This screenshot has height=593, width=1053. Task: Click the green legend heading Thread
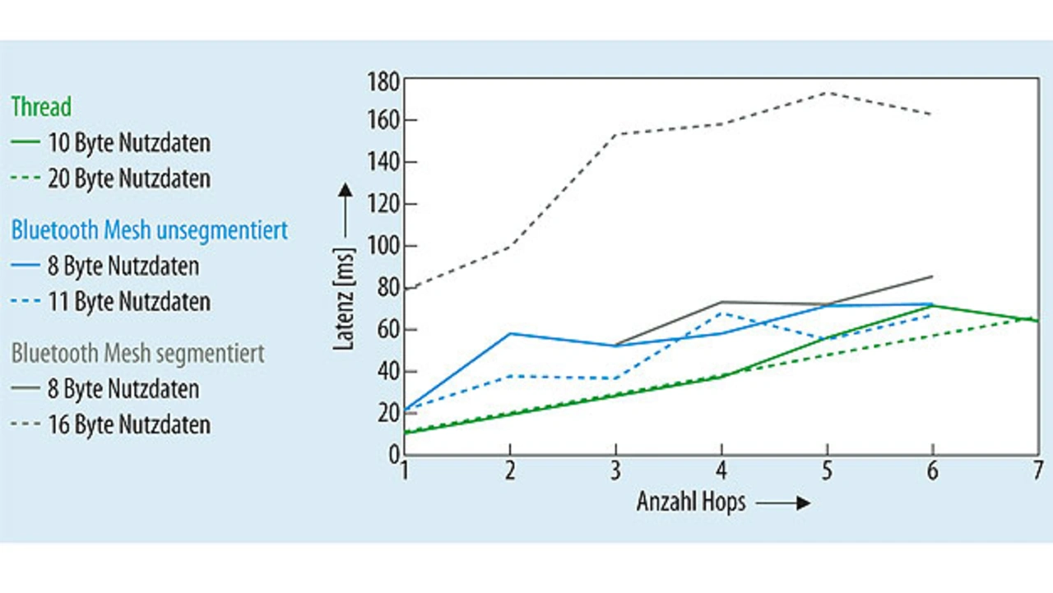tap(41, 107)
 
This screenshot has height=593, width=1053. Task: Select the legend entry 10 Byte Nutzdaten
tap(128, 143)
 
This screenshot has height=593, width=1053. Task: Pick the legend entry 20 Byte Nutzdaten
tap(128, 178)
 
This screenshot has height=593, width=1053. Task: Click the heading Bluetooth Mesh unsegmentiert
tap(150, 229)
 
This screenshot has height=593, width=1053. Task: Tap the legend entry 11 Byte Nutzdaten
tap(128, 302)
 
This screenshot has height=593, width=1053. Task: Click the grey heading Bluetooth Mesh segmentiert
tap(138, 354)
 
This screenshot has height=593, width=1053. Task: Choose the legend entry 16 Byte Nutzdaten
tap(128, 424)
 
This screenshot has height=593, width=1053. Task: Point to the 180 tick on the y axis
tap(383, 81)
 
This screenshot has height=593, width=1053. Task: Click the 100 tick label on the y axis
tap(383, 246)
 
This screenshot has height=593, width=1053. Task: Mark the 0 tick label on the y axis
tap(392, 454)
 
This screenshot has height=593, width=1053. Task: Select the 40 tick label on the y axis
tap(387, 371)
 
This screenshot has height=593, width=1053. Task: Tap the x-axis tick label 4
tap(721, 471)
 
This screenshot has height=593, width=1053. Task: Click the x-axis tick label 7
tap(1038, 471)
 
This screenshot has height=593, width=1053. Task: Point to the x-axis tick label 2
tap(510, 471)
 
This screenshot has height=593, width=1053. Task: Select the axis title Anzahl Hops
tap(691, 502)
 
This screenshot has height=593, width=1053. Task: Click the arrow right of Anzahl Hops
tap(782, 503)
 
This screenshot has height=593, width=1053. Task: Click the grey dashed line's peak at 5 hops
tap(827, 93)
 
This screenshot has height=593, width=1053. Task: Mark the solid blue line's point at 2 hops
tap(510, 333)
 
